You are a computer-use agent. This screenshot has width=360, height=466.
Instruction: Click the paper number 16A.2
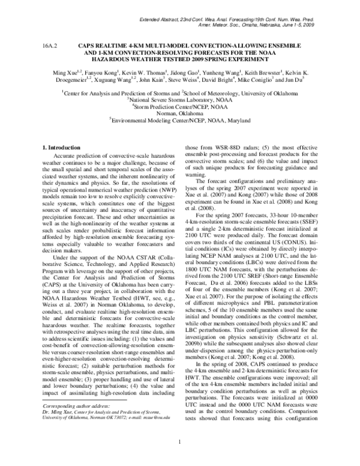tap(49, 46)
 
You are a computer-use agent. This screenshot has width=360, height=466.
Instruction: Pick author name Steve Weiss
tap(199, 79)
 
